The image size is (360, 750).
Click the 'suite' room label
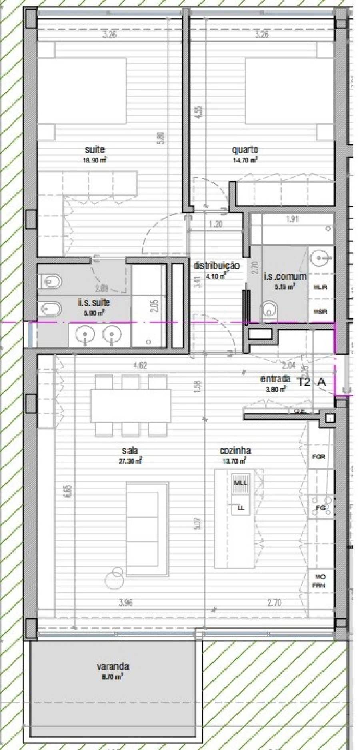[95, 150]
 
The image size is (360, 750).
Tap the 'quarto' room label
[245, 150]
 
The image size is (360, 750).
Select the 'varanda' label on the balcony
[112, 666]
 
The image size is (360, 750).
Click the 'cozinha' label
[235, 450]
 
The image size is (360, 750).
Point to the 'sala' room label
[130, 450]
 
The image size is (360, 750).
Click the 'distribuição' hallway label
[216, 266]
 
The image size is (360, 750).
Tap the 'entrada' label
[275, 379]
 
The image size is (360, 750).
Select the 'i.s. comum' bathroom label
[285, 276]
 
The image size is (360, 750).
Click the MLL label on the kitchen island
[240, 483]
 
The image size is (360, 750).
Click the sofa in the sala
[147, 529]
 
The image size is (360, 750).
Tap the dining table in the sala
[130, 406]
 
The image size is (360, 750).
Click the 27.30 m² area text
[130, 461]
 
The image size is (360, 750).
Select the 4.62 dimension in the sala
[140, 365]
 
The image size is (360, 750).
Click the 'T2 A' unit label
[311, 382]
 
